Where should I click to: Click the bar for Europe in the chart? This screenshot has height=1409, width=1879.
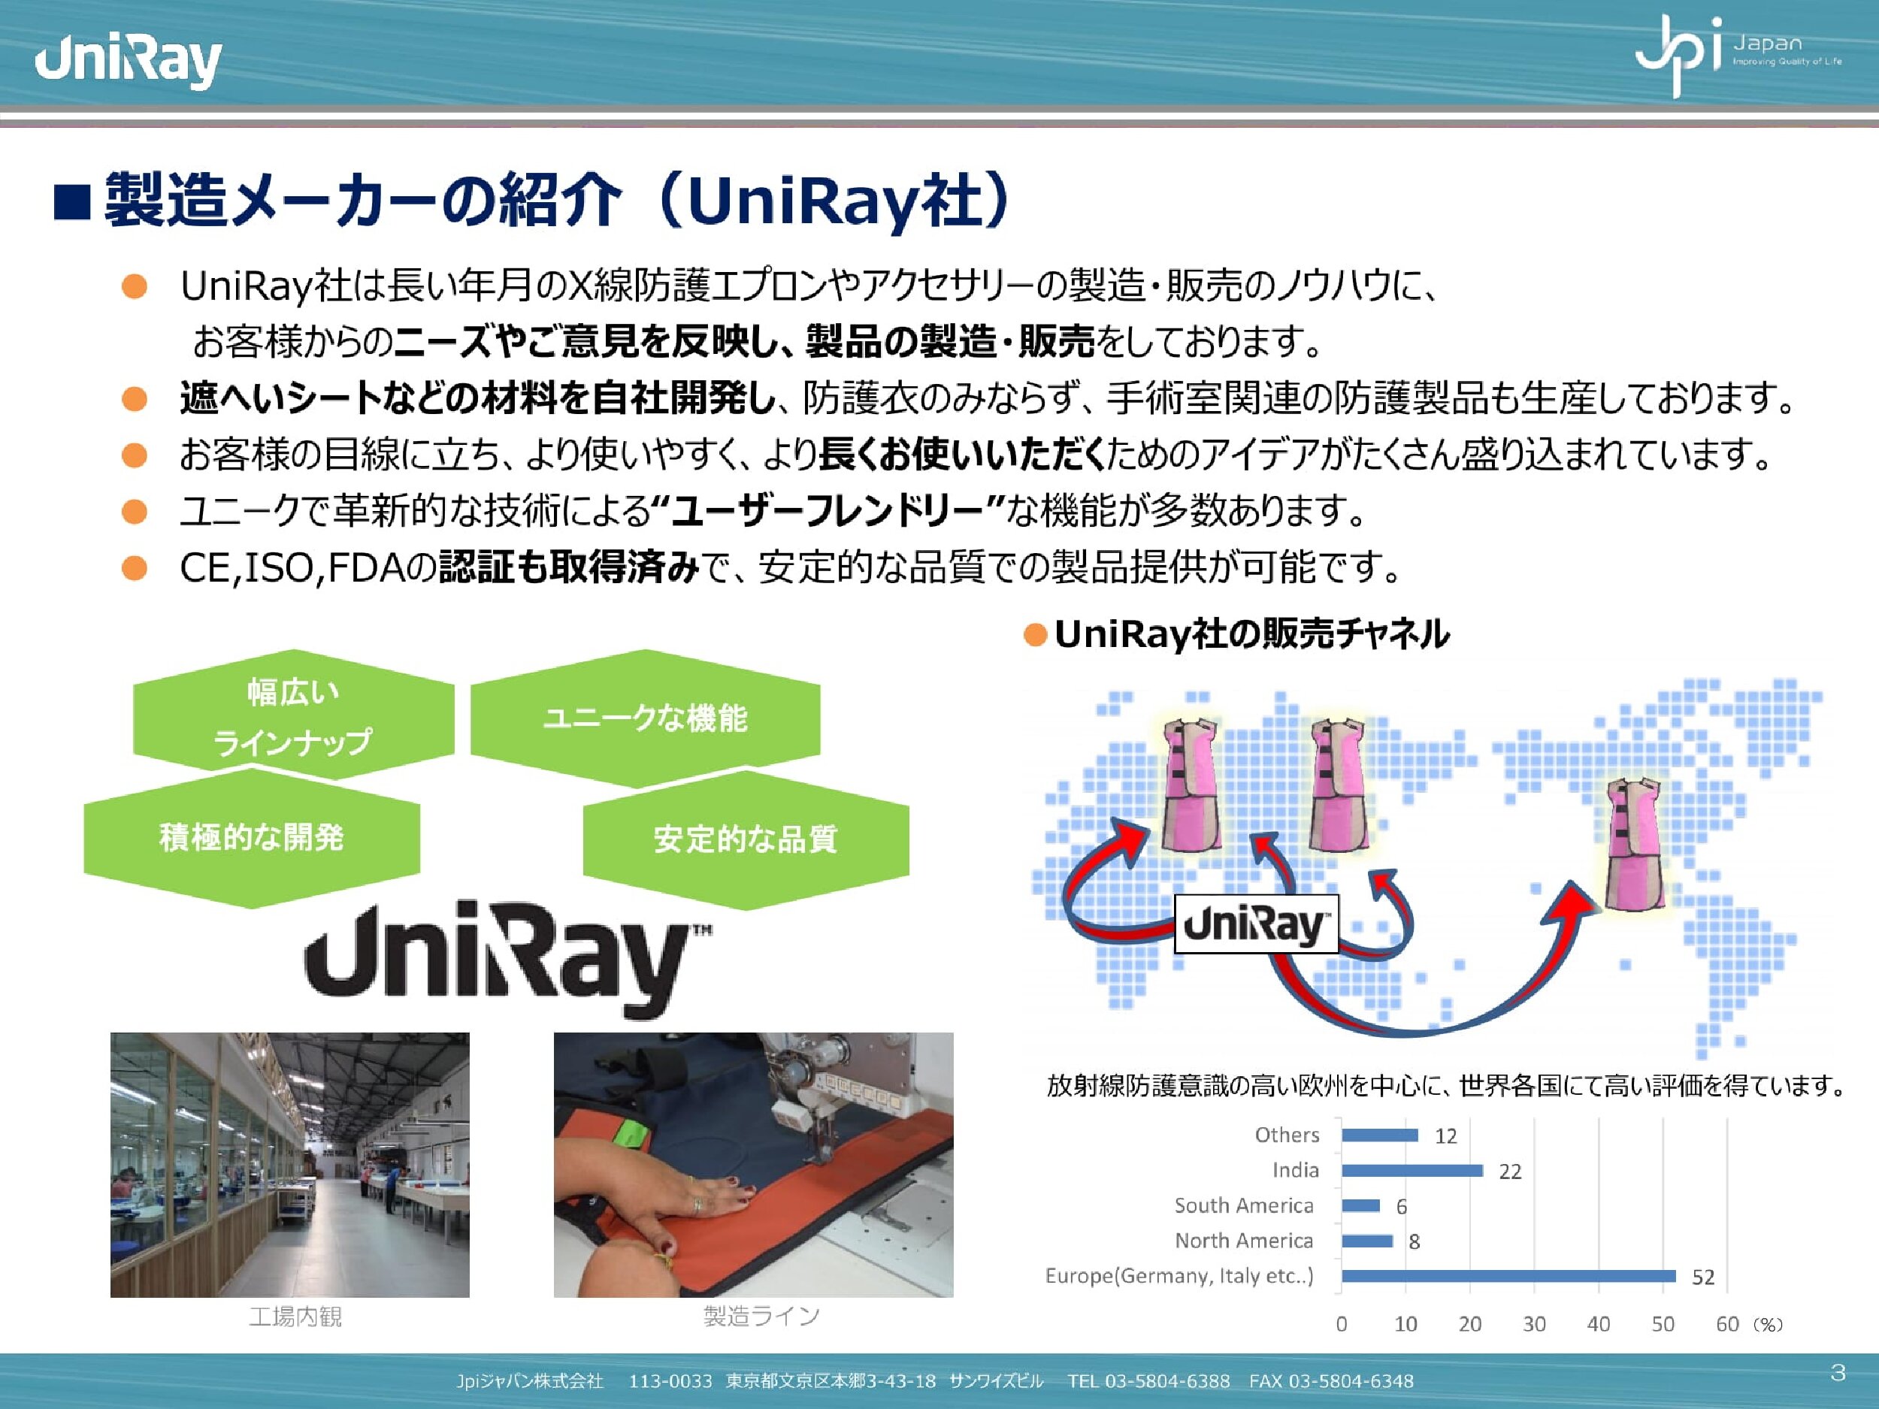pos(1508,1276)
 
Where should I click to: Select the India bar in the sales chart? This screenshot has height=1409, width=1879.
pos(1412,1170)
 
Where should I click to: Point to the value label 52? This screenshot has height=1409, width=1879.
pos(1703,1277)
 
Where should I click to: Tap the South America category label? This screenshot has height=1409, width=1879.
pos(1244,1205)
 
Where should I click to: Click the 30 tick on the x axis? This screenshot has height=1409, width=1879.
pos(1534,1324)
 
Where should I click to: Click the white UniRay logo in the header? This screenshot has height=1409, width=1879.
pos(129,61)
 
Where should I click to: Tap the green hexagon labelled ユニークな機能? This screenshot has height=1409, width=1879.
pos(646,718)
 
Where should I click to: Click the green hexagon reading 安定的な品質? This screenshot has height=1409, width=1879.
pos(746,839)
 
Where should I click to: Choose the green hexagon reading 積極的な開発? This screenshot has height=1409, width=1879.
pos(252,837)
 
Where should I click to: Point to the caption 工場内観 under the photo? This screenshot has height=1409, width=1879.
pos(295,1317)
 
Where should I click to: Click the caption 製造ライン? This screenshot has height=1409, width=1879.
pos(761,1317)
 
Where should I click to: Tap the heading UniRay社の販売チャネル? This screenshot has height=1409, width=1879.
pos(1251,633)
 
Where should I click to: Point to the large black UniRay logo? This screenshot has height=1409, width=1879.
pos(508,960)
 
